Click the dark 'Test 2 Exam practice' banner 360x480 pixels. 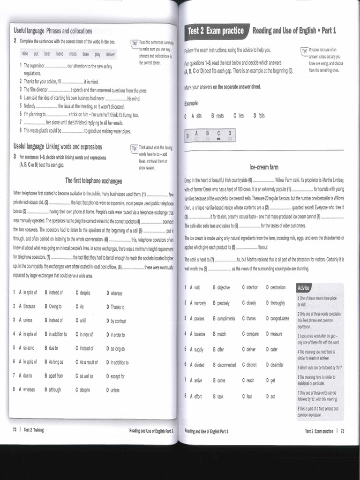point(216,31)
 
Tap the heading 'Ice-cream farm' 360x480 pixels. point(264,167)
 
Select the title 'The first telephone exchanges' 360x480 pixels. point(93,181)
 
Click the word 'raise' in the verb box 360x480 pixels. point(25,54)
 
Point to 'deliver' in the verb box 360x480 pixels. point(110,54)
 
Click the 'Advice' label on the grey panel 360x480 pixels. point(303,288)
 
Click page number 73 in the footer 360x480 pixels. point(342,431)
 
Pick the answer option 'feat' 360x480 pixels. point(249,396)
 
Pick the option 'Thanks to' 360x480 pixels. point(117,307)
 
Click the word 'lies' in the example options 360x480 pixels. point(241,115)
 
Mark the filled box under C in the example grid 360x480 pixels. point(218,139)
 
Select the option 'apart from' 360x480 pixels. point(56,376)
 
